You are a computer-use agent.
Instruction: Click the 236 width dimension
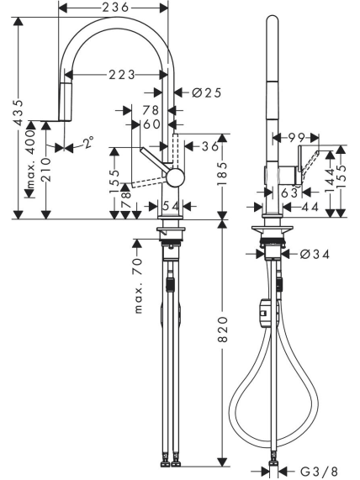pos(115,8)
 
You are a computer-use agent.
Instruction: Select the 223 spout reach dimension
pos(122,74)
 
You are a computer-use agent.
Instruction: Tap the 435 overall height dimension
pos(19,113)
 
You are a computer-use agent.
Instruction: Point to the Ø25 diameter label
pos(207,92)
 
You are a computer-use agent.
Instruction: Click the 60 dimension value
pos(151,124)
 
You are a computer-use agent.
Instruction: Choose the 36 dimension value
pos(210,146)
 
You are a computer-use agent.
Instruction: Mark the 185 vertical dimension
pos(223,173)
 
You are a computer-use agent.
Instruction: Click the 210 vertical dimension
pos(46,170)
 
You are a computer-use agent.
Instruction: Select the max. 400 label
pos(31,159)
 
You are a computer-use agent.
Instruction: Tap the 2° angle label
pos(88,142)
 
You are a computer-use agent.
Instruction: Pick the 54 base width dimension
pos(171,206)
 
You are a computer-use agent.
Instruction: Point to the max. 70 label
pos(138,286)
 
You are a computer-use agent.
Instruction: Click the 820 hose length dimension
pos(223,330)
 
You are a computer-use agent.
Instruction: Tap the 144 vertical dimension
pos(330,181)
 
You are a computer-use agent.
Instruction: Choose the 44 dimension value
pos(310,207)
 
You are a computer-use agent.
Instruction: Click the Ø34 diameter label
pos(315,254)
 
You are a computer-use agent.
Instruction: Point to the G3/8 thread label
pos(319,472)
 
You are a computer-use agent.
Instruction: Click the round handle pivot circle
pos(175,177)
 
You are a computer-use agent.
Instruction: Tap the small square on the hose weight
pos(263,313)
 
